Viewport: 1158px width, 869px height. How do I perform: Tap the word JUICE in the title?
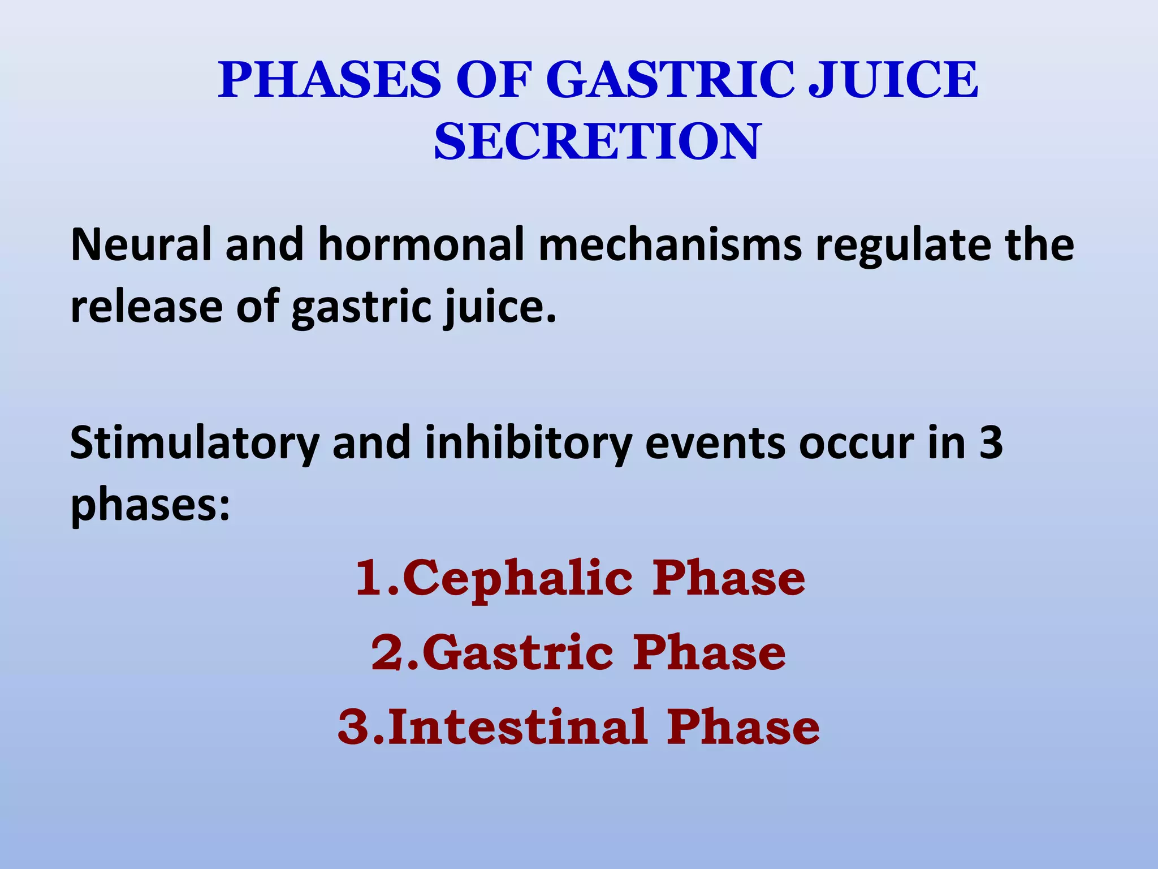[893, 80]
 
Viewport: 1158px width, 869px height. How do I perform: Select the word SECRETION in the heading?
[597, 142]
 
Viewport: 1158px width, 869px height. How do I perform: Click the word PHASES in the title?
[330, 80]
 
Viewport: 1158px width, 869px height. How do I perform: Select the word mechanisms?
[670, 245]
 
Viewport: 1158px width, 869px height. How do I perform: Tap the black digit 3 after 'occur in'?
[991, 443]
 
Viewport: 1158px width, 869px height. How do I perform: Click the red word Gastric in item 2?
[517, 653]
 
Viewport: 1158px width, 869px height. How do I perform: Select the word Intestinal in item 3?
[517, 727]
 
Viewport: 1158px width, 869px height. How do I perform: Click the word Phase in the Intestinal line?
[743, 727]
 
